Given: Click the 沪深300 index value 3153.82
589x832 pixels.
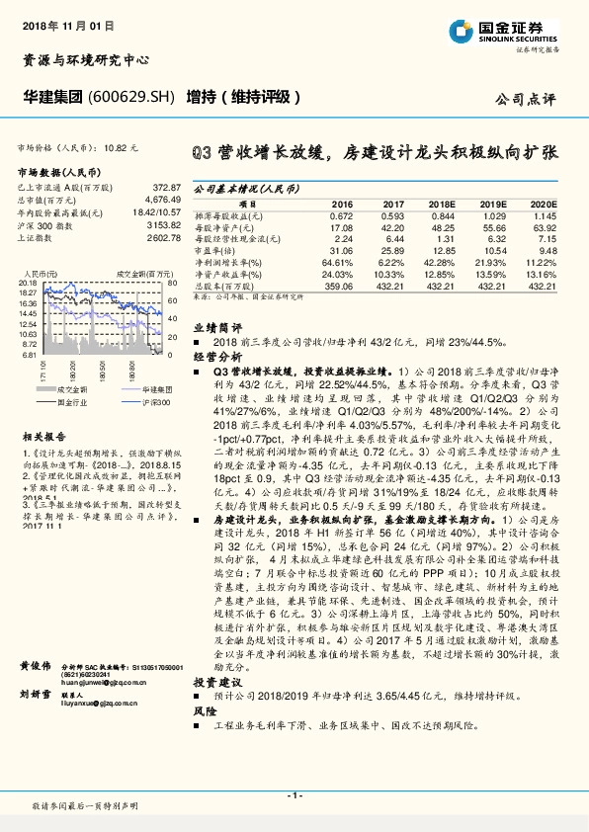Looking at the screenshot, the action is pos(161,225).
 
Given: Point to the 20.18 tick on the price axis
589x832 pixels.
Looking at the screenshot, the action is pos(27,283).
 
